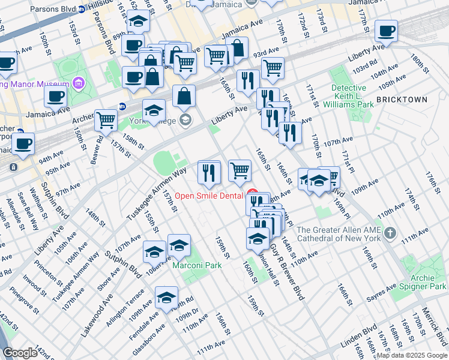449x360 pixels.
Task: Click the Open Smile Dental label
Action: coord(209,196)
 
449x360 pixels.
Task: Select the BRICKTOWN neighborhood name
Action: coord(402,100)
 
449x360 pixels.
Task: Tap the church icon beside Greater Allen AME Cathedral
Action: coord(390,232)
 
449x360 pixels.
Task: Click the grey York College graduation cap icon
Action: coord(185,119)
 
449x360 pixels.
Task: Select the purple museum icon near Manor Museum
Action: coord(77,82)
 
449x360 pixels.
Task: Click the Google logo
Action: coord(20,353)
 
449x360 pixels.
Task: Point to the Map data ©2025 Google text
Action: coord(411,355)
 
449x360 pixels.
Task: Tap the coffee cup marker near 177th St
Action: coord(386,31)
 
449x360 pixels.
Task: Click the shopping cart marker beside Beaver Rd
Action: coord(106,119)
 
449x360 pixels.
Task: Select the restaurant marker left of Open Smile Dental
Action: coord(209,172)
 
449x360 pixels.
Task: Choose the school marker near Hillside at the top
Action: coord(139,20)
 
